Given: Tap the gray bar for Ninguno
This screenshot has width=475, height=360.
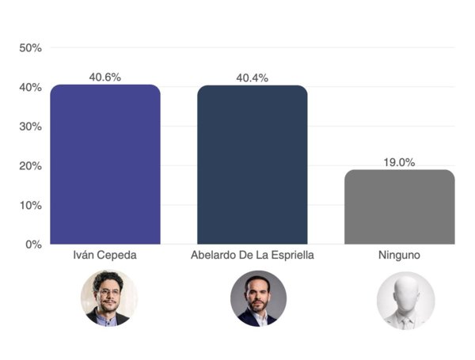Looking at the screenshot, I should [400, 207].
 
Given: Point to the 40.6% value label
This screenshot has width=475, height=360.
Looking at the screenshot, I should [105, 78].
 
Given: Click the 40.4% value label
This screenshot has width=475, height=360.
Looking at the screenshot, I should [252, 78].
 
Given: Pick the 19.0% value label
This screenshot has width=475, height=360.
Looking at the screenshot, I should [400, 162].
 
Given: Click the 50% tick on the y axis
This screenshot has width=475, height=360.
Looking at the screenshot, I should [30, 48].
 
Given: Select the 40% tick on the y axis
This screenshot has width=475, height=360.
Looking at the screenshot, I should [30, 87].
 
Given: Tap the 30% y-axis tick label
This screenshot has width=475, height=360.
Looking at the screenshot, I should [30, 127].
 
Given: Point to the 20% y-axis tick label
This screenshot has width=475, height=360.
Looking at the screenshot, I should [30, 165].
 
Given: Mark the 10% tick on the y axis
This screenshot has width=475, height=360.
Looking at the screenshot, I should [30, 205].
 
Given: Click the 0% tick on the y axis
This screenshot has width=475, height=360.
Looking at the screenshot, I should [32, 244].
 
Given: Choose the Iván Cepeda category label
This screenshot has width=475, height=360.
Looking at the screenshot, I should [105, 257].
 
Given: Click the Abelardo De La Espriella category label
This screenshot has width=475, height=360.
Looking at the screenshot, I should [252, 257].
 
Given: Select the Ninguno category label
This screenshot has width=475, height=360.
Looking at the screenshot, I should [400, 257].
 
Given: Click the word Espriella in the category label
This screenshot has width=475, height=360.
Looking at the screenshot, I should [292, 257].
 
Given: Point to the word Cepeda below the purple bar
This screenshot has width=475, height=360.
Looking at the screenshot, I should [116, 257].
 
